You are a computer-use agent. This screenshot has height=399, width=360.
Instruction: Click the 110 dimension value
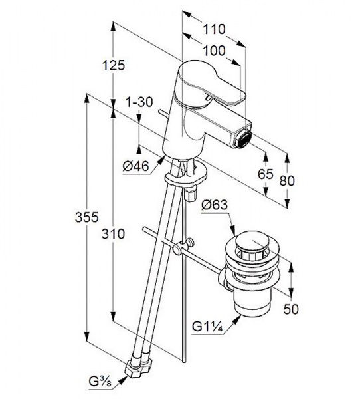coord(214,29)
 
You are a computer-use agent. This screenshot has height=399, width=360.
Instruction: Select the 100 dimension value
coord(215,51)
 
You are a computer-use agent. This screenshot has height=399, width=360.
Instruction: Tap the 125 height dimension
coord(114,65)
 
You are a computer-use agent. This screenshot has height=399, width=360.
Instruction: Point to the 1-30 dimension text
coord(139,102)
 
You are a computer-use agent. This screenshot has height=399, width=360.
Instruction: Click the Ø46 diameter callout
coord(135,166)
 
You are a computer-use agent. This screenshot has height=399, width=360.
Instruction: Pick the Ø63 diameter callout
coord(215,205)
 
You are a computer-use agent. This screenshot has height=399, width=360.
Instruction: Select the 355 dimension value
coord(87,217)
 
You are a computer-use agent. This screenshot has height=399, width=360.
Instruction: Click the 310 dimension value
coord(113,234)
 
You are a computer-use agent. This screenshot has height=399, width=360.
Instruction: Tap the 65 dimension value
coord(266,174)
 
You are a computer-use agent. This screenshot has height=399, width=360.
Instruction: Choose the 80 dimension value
coord(287,180)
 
